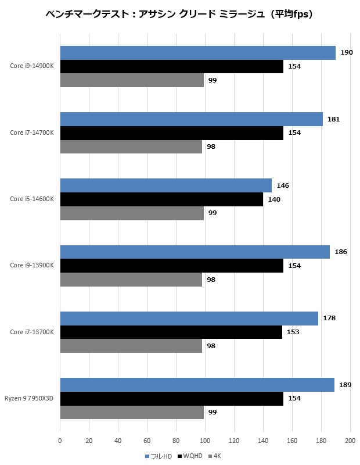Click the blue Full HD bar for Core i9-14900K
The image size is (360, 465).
click(197, 53)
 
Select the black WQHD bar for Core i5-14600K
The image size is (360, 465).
click(161, 199)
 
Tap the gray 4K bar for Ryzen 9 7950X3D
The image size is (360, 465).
click(132, 412)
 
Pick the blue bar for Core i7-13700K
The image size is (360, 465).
click(189, 319)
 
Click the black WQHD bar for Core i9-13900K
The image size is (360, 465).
click(171, 266)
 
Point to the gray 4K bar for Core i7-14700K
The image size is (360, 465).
click(131, 146)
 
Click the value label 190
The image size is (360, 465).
click(347, 53)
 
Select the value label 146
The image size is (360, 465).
click(283, 185)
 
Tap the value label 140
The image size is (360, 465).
click(274, 199)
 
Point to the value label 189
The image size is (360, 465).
click(345, 385)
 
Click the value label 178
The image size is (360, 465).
click(329, 319)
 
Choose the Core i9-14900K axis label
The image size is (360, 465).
click(31, 66)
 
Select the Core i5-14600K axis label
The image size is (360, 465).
click(31, 199)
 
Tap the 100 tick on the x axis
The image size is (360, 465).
click(205, 441)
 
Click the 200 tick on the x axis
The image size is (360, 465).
click(350, 441)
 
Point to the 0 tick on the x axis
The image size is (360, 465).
click(60, 441)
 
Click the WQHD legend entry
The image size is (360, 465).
click(190, 456)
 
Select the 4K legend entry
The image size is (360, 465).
click(214, 456)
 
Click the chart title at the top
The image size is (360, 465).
click(179, 13)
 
